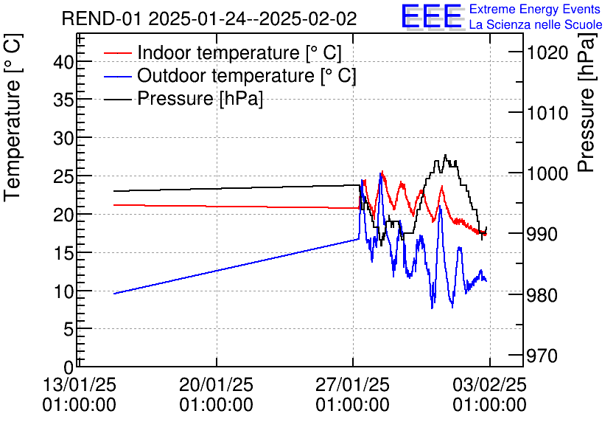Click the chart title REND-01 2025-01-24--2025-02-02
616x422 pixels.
209,18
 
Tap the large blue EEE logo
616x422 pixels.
431,16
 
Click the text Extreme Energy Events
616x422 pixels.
535,10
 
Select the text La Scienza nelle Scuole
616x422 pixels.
535,25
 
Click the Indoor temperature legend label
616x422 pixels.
239,53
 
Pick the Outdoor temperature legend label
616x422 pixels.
246,76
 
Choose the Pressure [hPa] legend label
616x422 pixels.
200,99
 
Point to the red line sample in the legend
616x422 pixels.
118,53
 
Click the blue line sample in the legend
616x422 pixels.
118,76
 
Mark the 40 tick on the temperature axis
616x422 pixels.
64,62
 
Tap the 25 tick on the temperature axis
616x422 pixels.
64,176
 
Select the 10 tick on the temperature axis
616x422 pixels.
64,291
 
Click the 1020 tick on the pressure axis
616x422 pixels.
547,52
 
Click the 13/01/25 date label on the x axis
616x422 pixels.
80,384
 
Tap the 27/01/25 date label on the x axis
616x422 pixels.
353,384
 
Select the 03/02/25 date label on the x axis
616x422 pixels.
489,384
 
